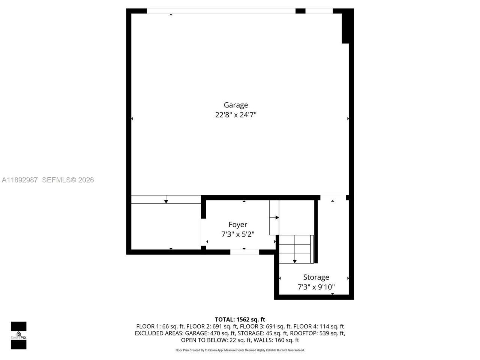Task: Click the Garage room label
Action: coord(235,105)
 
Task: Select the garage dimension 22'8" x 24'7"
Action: coord(235,115)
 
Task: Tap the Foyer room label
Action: coord(238,225)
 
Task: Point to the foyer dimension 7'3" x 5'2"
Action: coord(238,234)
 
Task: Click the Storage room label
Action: coord(316,277)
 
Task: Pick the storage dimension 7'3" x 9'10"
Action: coord(316,287)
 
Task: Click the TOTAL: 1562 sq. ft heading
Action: coord(240,319)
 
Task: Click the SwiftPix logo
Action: coord(18,335)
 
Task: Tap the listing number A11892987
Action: coord(19,180)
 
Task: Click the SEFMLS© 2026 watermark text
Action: coord(68,180)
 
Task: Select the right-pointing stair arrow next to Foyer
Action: coord(277,217)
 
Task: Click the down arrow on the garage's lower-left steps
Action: coord(166,201)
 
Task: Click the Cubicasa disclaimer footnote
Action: coord(240,350)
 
